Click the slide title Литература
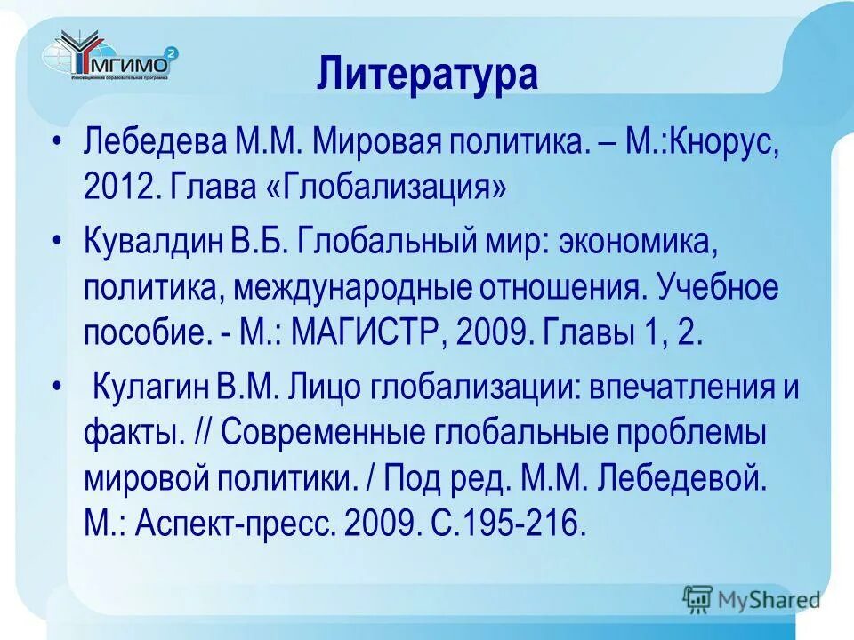427,76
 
